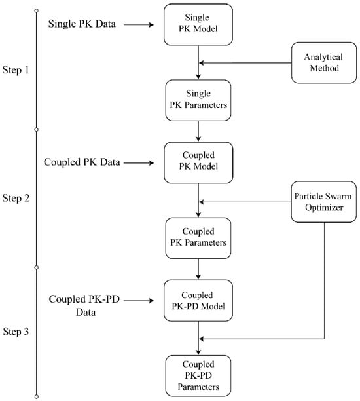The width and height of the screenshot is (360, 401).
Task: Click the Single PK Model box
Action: [198, 24]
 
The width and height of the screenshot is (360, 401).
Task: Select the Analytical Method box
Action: [324, 63]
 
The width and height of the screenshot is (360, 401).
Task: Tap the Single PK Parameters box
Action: [198, 100]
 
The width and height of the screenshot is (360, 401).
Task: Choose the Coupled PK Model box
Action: [198, 162]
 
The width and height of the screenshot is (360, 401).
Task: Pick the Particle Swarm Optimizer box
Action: [324, 202]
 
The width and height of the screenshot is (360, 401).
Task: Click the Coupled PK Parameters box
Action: [198, 238]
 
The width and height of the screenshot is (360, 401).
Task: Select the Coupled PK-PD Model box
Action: [198, 301]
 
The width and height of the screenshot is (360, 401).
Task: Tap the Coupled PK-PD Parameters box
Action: [198, 375]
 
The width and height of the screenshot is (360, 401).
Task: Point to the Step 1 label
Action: [16, 70]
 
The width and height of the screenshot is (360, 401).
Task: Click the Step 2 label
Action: [16, 198]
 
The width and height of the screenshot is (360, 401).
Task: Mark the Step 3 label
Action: [16, 332]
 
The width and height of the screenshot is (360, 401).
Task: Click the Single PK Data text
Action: [82, 24]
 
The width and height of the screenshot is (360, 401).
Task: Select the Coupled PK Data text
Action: [82, 162]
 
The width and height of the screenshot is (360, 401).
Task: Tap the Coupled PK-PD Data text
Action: [84, 305]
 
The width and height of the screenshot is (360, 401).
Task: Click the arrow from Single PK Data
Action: [139, 25]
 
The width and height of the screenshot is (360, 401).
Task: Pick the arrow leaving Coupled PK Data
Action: [139, 163]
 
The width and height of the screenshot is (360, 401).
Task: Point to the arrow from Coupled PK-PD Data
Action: [139, 301]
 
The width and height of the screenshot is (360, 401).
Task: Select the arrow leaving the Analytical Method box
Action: [245, 63]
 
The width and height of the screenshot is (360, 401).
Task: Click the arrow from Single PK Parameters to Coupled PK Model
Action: [198, 131]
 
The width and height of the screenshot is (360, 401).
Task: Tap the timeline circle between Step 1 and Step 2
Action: [37, 130]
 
